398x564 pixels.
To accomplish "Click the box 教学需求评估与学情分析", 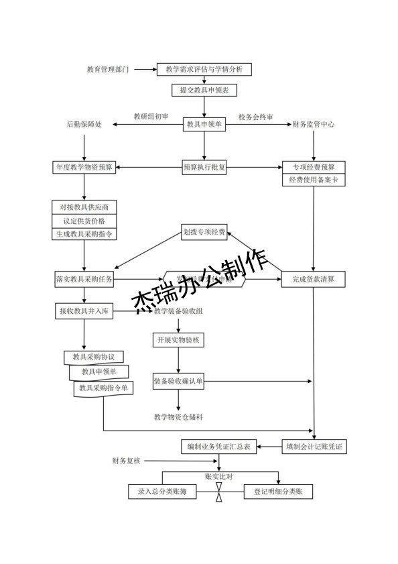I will (204, 69).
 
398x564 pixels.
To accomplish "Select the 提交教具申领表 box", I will (204, 90).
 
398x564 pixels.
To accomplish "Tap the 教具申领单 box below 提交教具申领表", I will (204, 124).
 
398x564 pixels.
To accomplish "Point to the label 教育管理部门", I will (108, 70).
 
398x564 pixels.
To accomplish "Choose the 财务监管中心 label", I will (314, 125).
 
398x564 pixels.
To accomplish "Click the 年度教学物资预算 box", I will (84, 167).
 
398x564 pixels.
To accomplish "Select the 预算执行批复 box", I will (204, 167).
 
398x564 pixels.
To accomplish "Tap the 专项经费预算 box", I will (314, 167).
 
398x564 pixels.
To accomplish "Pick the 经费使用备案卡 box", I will (314, 180).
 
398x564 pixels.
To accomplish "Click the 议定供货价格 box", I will (84, 221).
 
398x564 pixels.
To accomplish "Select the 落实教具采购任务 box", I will (84, 278).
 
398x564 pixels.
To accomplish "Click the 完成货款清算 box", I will (313, 278).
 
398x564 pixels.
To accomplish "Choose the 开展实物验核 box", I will (178, 340).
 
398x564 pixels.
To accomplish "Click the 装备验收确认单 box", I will (178, 381).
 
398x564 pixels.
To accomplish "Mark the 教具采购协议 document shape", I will (94, 357).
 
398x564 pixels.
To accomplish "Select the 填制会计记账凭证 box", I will (314, 446).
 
